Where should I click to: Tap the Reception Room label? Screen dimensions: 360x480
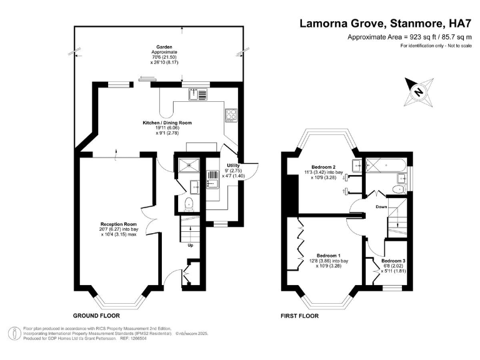point(119,224)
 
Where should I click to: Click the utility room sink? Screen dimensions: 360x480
point(212,183)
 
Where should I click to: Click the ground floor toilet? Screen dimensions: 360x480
point(189,202)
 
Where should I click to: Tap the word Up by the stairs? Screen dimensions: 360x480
point(191,245)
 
